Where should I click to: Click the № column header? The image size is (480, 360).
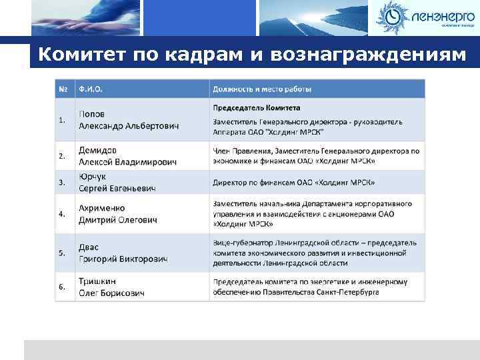tap(63, 89)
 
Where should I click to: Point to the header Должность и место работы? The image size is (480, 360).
tap(262, 89)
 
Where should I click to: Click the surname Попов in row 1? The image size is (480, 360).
tap(92, 114)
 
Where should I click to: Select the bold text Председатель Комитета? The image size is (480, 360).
tap(256, 107)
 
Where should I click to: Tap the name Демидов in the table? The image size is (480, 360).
tap(99, 150)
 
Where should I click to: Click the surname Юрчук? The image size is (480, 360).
tap(93, 177)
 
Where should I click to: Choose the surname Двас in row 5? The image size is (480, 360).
tap(91, 247)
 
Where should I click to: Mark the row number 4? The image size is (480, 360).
tap(61, 214)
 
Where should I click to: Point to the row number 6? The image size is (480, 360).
tap(61, 287)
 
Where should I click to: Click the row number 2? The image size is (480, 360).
tap(61, 156)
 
